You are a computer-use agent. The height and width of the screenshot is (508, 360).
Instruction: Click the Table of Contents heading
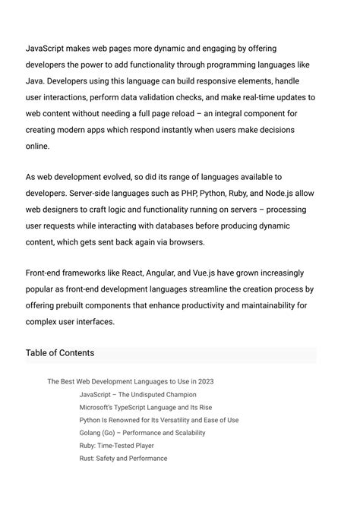click(x=60, y=353)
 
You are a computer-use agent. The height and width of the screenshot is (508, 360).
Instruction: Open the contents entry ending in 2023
click(x=130, y=382)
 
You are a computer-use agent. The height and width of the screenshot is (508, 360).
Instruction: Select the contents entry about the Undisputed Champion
click(x=137, y=395)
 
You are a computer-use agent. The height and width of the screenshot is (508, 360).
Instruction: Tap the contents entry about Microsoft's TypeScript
click(x=145, y=408)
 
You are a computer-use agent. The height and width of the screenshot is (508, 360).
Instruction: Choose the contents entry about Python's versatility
click(x=159, y=420)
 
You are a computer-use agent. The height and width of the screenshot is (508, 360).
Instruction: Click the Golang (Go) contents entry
click(x=142, y=433)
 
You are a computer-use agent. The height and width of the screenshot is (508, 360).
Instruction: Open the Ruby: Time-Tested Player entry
click(x=116, y=446)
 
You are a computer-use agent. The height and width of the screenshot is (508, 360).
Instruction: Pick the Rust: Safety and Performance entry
click(x=123, y=459)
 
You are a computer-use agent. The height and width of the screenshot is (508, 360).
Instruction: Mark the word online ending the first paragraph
click(x=38, y=146)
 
